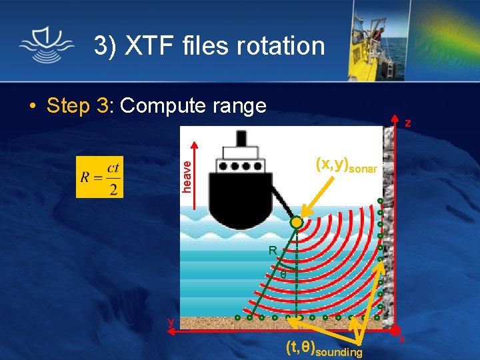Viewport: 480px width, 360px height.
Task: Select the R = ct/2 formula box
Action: pyautogui.click(x=100, y=177)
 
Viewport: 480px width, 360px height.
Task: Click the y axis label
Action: pyautogui.click(x=171, y=322)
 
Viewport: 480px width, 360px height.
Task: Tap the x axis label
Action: pyautogui.click(x=403, y=340)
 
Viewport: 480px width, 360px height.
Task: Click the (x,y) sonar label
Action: pyautogui.click(x=346, y=164)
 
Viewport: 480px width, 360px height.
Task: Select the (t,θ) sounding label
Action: pyautogui.click(x=324, y=348)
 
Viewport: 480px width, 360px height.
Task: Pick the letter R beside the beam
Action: pyautogui.click(x=273, y=251)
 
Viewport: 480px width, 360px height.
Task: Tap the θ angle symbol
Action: pyautogui.click(x=283, y=275)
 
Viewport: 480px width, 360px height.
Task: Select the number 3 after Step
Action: pyautogui.click(x=103, y=105)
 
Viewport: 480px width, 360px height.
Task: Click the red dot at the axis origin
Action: pyautogui.click(x=395, y=330)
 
